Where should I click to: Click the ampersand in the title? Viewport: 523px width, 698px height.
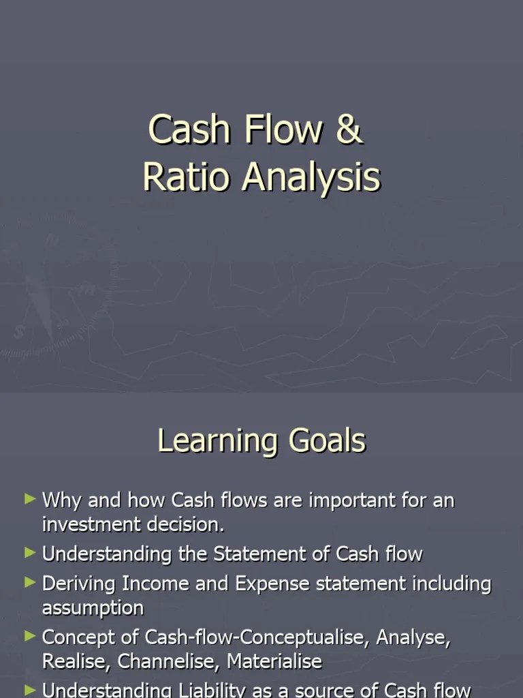click(x=349, y=130)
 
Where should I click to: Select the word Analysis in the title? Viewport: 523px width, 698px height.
click(x=311, y=179)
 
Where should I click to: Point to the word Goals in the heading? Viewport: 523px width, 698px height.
click(x=328, y=441)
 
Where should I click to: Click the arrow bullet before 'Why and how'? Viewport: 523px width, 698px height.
click(x=29, y=500)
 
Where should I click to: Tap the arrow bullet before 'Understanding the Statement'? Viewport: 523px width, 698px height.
click(x=29, y=553)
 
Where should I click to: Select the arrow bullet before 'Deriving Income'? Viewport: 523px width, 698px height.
click(x=29, y=583)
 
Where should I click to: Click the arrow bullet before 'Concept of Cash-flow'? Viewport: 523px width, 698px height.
click(x=29, y=637)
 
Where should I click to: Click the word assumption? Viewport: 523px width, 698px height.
click(x=93, y=608)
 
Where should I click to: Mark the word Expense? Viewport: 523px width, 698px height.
click(x=272, y=585)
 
